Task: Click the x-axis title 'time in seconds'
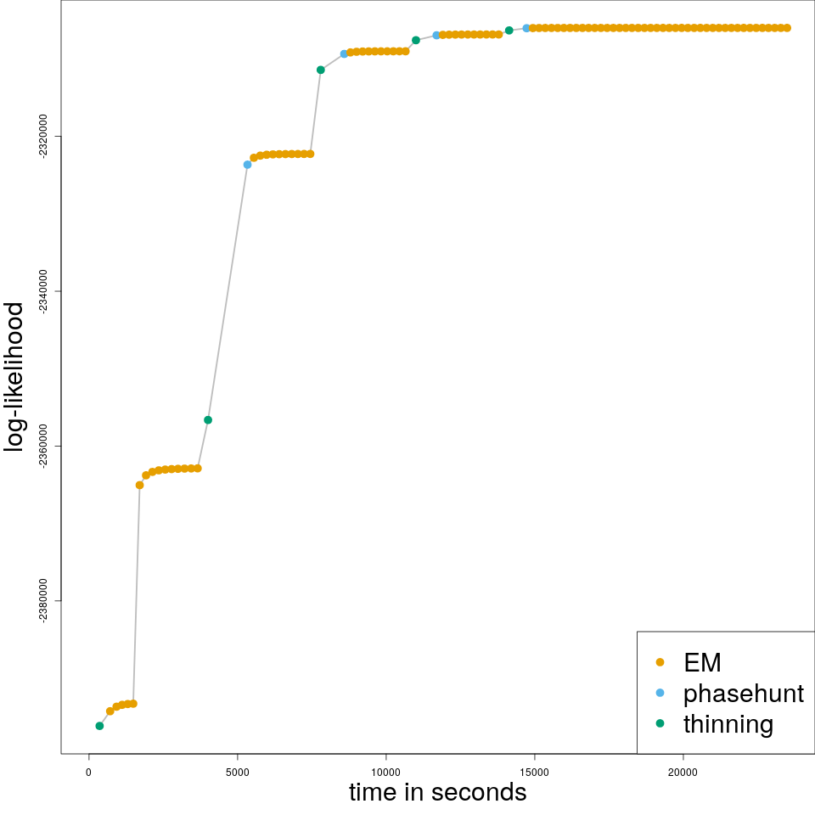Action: pyautogui.click(x=437, y=792)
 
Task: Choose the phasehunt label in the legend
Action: pyautogui.click(x=743, y=694)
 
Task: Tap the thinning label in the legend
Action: pyautogui.click(x=728, y=724)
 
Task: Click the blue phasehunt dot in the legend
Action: pyautogui.click(x=660, y=693)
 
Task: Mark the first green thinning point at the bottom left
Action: pyautogui.click(x=99, y=726)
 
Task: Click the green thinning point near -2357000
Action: pyautogui.click(x=208, y=420)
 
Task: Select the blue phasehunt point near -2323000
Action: pyautogui.click(x=247, y=165)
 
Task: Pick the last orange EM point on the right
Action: pyautogui.click(x=787, y=28)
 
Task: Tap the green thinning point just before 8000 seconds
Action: pyautogui.click(x=320, y=70)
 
